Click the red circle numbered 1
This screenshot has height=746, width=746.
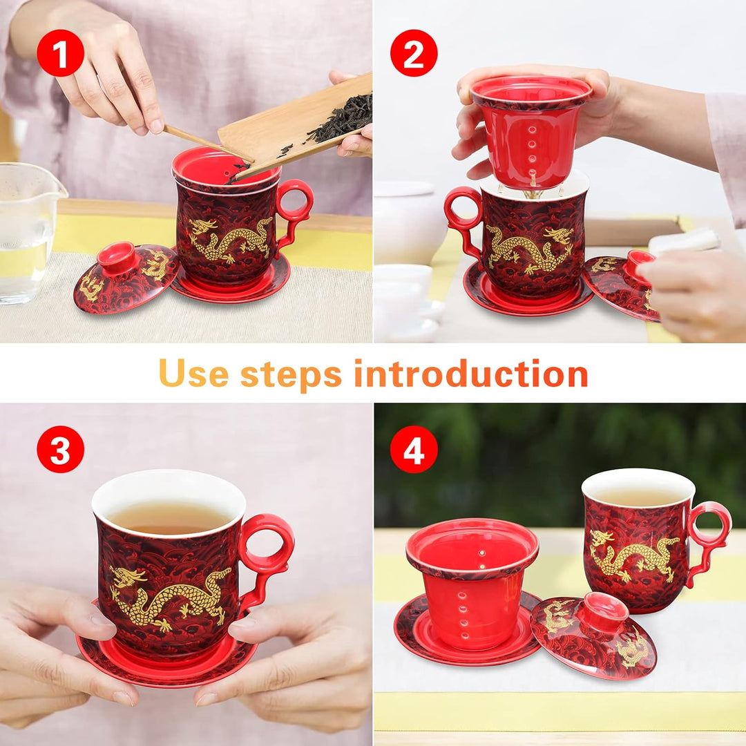pyautogui.click(x=60, y=53)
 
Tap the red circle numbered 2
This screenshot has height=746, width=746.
pyautogui.click(x=414, y=53)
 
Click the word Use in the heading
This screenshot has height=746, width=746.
pyautogui.click(x=193, y=374)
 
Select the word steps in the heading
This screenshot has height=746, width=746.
pyautogui.click(x=291, y=374)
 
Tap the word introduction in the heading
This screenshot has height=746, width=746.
pyautogui.click(x=470, y=374)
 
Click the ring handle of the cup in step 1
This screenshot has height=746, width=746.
pyautogui.click(x=295, y=200)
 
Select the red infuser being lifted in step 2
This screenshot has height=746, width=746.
pyautogui.click(x=530, y=131)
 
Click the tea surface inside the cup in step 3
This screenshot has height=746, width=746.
pyautogui.click(x=169, y=517)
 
